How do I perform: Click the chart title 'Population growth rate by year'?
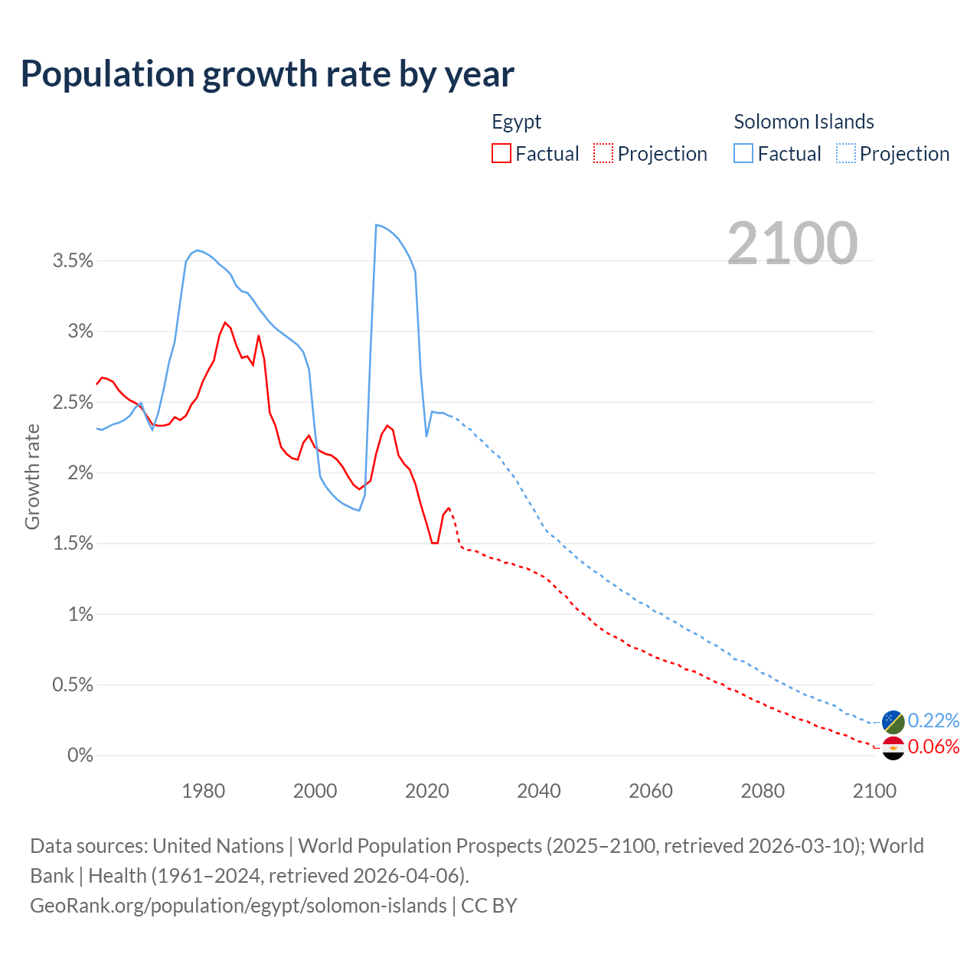pos(267,74)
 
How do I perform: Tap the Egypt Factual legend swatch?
pos(501,153)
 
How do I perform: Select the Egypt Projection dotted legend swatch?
pos(603,153)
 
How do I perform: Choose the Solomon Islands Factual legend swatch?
pos(743,153)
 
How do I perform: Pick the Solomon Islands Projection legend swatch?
pos(846,153)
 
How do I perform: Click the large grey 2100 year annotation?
pos(792,243)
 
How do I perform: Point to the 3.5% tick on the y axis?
pos(73,261)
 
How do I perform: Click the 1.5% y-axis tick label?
pos(73,544)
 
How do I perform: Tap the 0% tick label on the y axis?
pos(80,756)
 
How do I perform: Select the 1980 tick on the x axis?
pos(203,791)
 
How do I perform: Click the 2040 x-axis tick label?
pos(539,791)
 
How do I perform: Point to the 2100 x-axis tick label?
pos(874,791)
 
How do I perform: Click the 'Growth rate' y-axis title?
pos(32,476)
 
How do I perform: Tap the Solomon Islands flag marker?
pos(893,721)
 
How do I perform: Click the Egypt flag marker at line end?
pos(893,748)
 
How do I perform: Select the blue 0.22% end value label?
pos(933,720)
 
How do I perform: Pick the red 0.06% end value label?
pos(933,746)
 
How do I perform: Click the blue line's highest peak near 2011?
pos(376,224)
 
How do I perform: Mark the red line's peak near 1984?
pos(225,322)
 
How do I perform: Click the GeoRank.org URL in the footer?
pos(238,906)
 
